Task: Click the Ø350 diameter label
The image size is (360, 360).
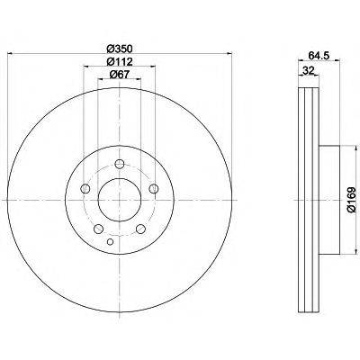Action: pyautogui.click(x=120, y=48)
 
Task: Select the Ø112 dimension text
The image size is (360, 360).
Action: pyautogui.click(x=120, y=61)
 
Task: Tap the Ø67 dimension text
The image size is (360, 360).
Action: pyautogui.click(x=120, y=74)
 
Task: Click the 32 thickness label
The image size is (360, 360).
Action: pyautogui.click(x=308, y=71)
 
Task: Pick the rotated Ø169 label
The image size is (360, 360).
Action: pyautogui.click(x=351, y=200)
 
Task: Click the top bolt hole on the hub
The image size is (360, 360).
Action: pyautogui.click(x=120, y=164)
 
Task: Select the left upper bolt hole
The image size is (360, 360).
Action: pyautogui.click(x=85, y=189)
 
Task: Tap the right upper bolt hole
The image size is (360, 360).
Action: pyautogui.click(x=154, y=188)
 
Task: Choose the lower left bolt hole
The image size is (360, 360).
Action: pyautogui.click(x=99, y=229)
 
